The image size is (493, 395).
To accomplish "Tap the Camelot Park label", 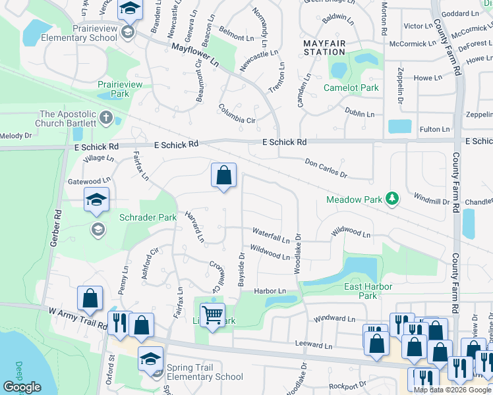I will click(351, 88).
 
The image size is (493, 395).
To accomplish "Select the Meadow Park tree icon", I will click(391, 198).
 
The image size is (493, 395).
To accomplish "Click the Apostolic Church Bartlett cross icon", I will click(106, 119).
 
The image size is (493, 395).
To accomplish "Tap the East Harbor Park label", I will click(368, 291).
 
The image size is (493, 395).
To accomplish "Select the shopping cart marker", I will click(212, 315).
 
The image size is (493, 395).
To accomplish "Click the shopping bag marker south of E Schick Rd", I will click(223, 176).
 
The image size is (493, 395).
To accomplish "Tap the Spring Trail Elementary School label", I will click(205, 372).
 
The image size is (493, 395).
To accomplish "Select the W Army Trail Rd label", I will click(78, 315).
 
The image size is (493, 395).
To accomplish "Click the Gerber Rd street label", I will click(55, 228).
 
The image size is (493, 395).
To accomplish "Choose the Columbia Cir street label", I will click(237, 113).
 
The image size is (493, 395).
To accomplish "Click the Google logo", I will click(22, 386).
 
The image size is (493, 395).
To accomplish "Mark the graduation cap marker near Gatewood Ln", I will click(96, 200).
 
